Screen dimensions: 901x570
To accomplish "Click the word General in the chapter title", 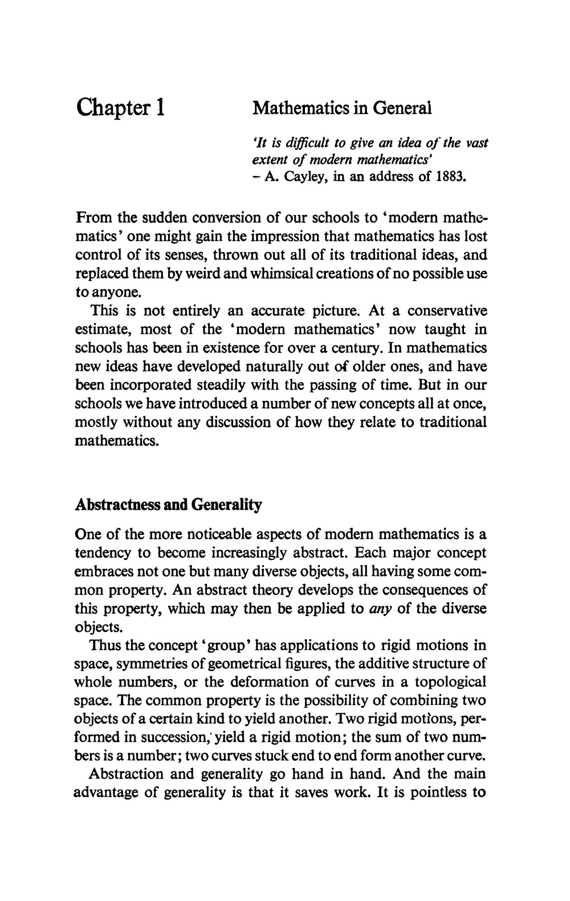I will [402, 107].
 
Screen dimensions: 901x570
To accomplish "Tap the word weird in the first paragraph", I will [199, 273].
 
